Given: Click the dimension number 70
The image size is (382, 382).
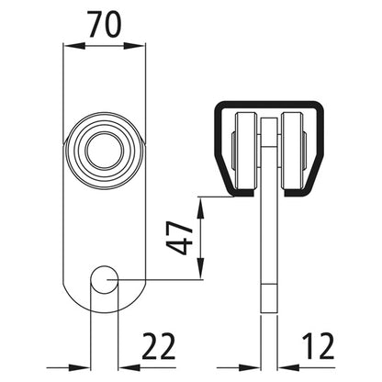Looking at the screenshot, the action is [104, 24].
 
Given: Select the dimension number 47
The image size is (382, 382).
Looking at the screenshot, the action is [179, 238].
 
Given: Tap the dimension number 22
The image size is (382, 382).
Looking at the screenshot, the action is [158, 346].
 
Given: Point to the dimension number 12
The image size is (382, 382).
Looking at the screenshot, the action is [318, 346].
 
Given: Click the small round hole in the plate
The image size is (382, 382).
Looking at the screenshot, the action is [104, 279].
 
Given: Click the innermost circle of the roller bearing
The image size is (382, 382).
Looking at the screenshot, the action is [105, 151].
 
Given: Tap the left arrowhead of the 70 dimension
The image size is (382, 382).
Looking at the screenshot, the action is [73, 46].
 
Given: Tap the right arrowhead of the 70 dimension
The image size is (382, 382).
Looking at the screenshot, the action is [134, 46].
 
